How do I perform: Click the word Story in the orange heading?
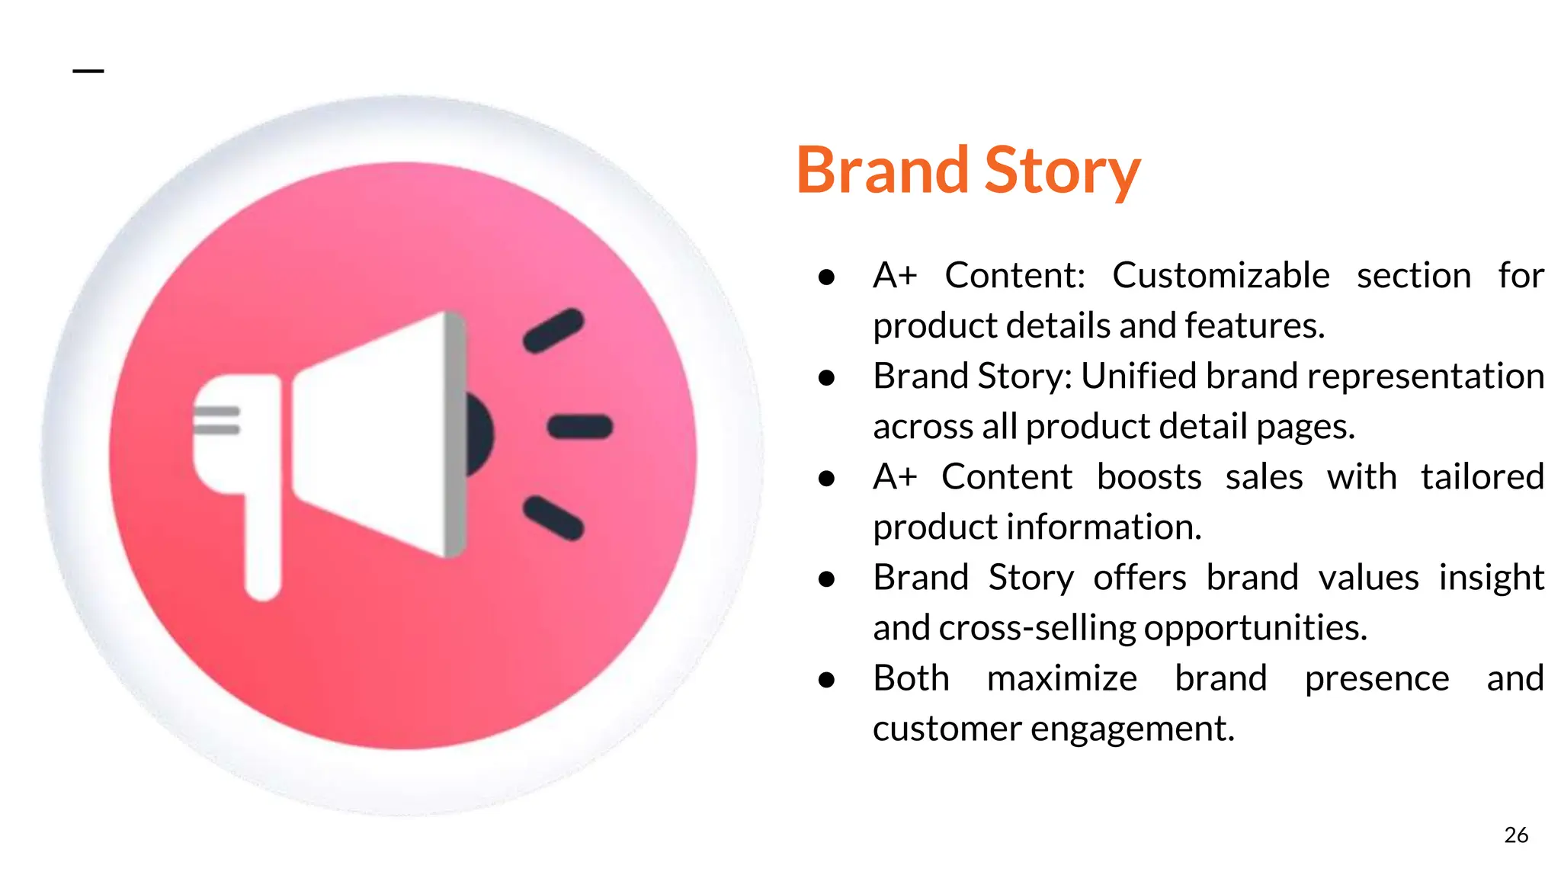pyautogui.click(x=1063, y=171)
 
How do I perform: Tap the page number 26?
pyautogui.click(x=1516, y=835)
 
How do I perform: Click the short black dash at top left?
pyautogui.click(x=88, y=71)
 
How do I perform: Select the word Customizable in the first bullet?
pyautogui.click(x=1220, y=275)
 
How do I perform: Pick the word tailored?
pyautogui.click(x=1482, y=477)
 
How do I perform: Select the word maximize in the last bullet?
pyautogui.click(x=1062, y=678)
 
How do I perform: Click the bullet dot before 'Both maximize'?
pyautogui.click(x=826, y=679)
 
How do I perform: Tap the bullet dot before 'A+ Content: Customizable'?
pyautogui.click(x=826, y=277)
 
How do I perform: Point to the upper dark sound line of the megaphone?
pyautogui.click(x=553, y=331)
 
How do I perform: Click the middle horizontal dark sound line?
pyautogui.click(x=580, y=427)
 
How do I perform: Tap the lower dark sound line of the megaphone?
pyautogui.click(x=553, y=518)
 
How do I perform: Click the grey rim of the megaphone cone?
pyautogui.click(x=455, y=434)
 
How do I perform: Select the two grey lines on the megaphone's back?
pyautogui.click(x=216, y=421)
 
